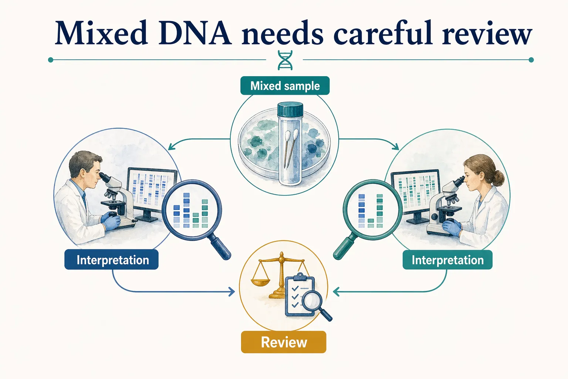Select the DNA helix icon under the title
285,60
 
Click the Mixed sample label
285,86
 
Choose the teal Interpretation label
447,260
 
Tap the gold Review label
284,342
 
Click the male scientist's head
85,167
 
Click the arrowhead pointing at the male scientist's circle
171,147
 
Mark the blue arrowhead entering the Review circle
232,292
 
